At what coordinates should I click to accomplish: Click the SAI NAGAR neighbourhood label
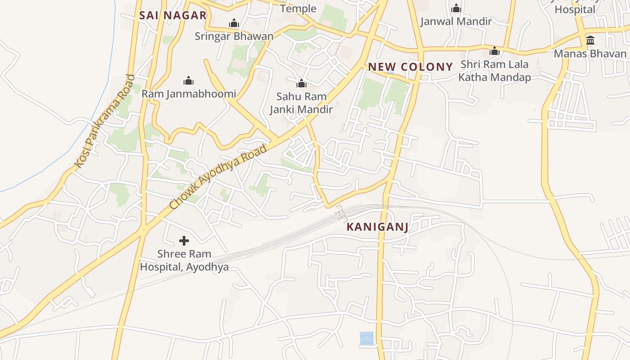click(x=173, y=15)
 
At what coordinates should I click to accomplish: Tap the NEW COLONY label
click(x=410, y=67)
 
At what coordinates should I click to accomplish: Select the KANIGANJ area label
click(x=378, y=227)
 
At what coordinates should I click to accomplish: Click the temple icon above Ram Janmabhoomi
click(x=189, y=81)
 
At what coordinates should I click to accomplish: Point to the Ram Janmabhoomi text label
click(x=189, y=94)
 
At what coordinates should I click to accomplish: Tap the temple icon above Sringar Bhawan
click(x=234, y=23)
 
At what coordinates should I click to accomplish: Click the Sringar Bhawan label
click(x=234, y=36)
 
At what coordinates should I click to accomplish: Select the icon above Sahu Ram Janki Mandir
click(x=301, y=83)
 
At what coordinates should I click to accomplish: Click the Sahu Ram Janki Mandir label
click(x=301, y=103)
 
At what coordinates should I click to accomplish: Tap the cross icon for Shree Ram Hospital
click(x=184, y=241)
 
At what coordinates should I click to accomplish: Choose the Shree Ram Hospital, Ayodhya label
click(x=184, y=261)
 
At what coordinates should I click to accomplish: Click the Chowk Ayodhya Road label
click(x=218, y=176)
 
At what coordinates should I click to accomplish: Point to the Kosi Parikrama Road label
click(x=104, y=121)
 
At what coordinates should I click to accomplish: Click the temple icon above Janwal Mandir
click(x=456, y=8)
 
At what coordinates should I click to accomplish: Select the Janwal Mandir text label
click(x=456, y=21)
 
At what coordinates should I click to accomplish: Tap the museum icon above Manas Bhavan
click(x=590, y=40)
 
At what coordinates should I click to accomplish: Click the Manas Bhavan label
click(x=590, y=54)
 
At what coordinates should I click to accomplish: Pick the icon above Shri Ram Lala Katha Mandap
click(x=495, y=51)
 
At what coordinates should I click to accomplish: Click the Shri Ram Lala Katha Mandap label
click(x=495, y=71)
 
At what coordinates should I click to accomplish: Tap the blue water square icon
click(x=366, y=338)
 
